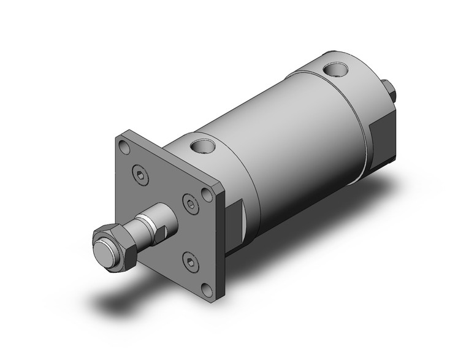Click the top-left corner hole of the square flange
click(124, 147)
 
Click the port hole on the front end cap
click(200, 147)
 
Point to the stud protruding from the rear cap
click(389, 91)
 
